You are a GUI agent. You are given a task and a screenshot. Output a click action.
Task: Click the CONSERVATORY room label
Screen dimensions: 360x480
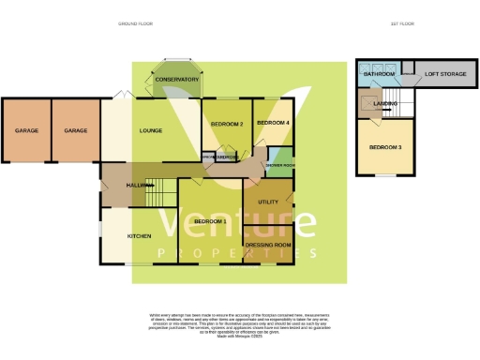tap(177, 80)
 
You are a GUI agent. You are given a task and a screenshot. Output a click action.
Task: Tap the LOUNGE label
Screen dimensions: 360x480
tap(153, 131)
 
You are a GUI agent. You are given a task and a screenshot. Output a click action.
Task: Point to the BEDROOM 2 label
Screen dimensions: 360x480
tap(226, 124)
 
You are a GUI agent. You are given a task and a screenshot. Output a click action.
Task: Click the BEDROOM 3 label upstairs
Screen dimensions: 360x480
tap(385, 148)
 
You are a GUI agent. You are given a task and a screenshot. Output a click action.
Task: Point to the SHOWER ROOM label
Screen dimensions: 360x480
tap(281, 165)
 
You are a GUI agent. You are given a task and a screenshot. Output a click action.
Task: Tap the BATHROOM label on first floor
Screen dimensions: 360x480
tap(379, 72)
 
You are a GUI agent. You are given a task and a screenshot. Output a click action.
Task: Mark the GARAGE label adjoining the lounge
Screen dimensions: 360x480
tap(76, 131)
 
